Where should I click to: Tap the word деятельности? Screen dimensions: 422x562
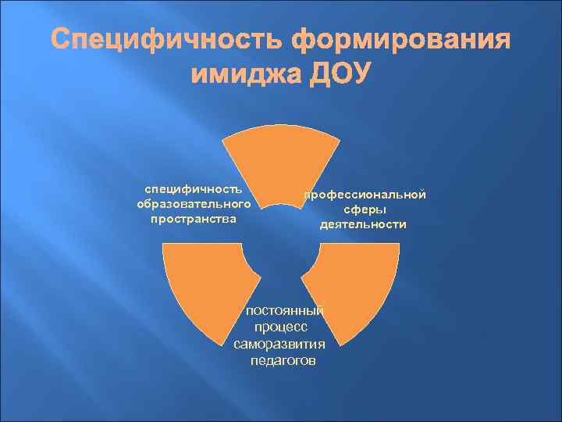pos(364,224)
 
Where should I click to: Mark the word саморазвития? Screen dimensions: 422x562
pos(279,344)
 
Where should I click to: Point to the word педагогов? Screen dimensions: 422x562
pos(283,360)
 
